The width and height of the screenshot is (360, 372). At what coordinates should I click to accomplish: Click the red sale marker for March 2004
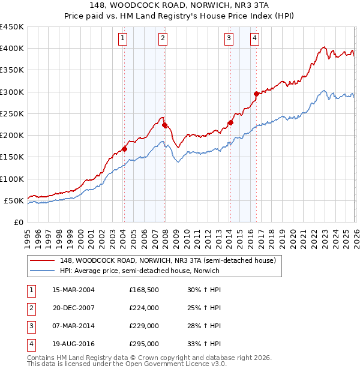tap(124, 149)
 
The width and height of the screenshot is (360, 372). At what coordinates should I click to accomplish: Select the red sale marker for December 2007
tap(164, 125)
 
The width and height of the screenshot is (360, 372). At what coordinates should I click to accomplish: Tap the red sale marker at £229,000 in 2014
tap(230, 122)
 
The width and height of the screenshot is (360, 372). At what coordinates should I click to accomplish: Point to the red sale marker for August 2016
tap(256, 94)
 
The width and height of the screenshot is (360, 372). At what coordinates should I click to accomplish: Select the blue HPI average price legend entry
tap(139, 271)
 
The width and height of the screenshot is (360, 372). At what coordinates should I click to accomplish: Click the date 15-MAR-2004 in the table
tap(73, 290)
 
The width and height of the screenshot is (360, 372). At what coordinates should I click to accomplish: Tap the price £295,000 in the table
tap(143, 344)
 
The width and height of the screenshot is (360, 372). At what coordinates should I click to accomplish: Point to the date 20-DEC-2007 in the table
tap(74, 308)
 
